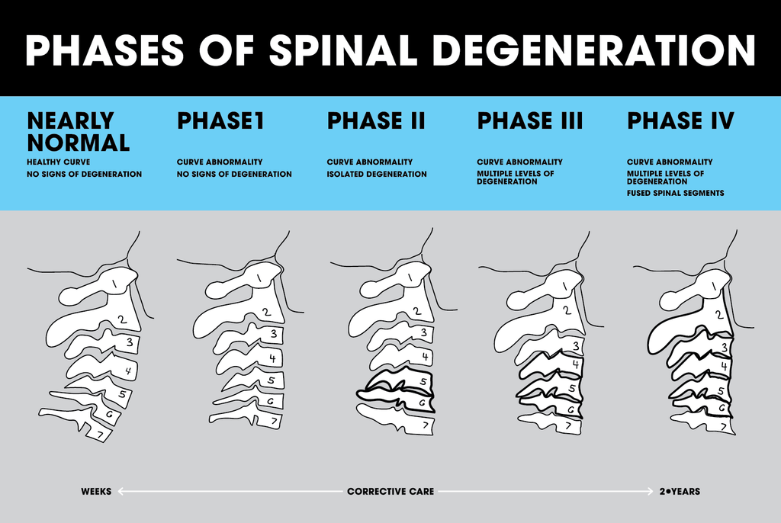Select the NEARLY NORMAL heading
(x=78, y=131)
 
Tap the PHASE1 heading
(x=220, y=120)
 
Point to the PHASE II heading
(x=376, y=120)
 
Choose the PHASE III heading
(x=529, y=120)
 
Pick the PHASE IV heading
(x=680, y=120)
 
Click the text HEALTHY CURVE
(x=58, y=162)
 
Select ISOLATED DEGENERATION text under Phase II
(x=377, y=175)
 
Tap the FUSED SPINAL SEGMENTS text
(x=675, y=194)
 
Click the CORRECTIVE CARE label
(x=390, y=492)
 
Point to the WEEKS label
(x=96, y=492)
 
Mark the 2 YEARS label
(x=680, y=492)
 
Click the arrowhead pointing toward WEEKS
(x=121, y=492)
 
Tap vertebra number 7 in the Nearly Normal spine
(x=99, y=434)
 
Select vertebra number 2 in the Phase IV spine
(x=718, y=314)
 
